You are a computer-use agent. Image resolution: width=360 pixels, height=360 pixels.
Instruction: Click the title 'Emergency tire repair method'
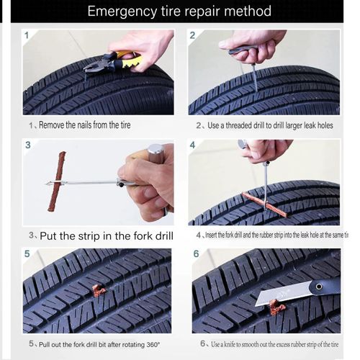pos(179,12)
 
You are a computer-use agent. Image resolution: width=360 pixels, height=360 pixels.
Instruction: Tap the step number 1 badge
pos(27,35)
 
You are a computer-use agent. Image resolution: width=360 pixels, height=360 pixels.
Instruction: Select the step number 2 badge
pos(193,35)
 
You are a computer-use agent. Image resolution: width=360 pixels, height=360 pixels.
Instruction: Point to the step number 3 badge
pos(28,145)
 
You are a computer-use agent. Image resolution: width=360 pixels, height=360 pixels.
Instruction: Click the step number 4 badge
pos(193,145)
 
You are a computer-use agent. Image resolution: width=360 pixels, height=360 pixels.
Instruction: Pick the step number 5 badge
pos(27,253)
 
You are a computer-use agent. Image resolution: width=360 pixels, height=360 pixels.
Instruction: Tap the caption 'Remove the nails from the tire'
pos(84,125)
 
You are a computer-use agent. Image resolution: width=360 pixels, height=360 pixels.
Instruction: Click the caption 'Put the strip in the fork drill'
pos(101,235)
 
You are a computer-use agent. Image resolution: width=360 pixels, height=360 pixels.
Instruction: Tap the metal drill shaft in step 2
pos(253,76)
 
